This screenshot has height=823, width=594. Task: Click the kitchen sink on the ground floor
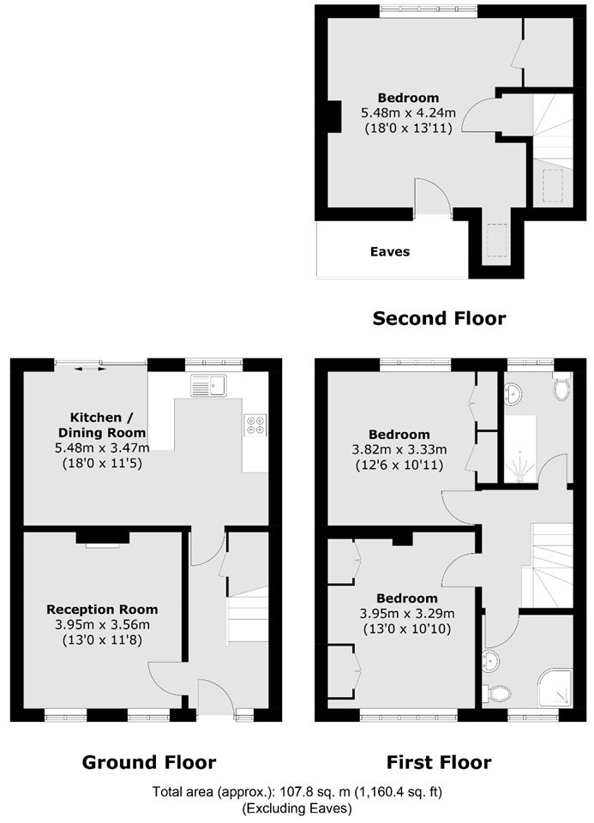(209, 385)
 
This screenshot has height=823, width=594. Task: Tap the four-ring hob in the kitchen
(255, 424)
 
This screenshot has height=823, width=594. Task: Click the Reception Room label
(102, 610)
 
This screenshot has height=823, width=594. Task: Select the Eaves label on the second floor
(390, 251)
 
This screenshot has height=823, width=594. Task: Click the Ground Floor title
(149, 762)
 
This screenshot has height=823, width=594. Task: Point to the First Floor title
(439, 762)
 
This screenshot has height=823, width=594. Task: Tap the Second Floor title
(439, 318)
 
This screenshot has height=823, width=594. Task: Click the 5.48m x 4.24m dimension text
(408, 112)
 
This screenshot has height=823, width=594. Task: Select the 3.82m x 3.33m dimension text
(399, 449)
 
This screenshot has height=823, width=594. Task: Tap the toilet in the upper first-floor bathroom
(562, 387)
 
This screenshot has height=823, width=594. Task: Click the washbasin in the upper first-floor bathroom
(513, 393)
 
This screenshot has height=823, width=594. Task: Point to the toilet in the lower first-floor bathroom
(497, 694)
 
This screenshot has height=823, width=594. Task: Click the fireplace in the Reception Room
(103, 538)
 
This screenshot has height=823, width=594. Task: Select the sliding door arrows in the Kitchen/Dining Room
(90, 369)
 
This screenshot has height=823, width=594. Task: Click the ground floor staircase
(248, 616)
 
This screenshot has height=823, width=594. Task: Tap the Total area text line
(297, 791)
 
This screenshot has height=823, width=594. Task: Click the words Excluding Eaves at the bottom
(297, 808)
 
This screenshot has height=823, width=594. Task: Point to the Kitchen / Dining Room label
(102, 425)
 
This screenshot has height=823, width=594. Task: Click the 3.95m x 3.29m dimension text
(407, 613)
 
